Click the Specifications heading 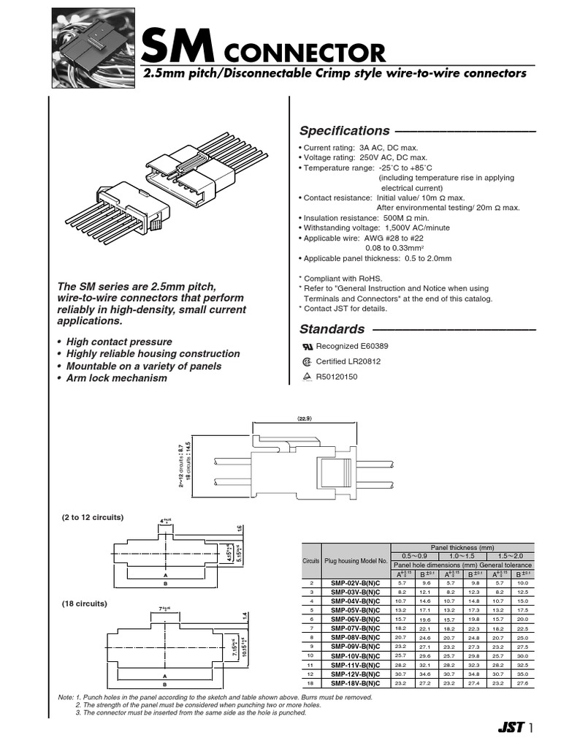[344, 131]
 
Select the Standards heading [332, 329]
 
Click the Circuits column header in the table [311, 560]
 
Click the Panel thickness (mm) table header [462, 547]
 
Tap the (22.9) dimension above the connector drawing [305, 418]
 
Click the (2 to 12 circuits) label [92, 517]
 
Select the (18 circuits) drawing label [84, 603]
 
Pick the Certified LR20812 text [348, 361]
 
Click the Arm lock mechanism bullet [116, 378]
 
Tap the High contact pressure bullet [119, 342]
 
